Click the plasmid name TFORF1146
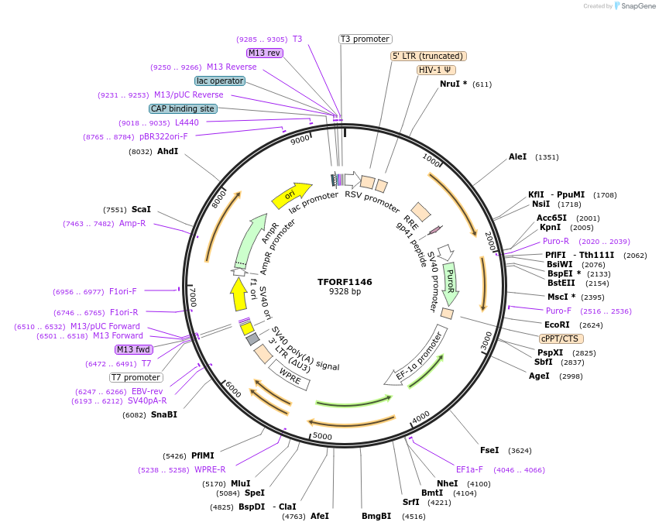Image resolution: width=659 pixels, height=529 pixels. click(345, 282)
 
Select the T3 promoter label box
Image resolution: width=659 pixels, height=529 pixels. click(366, 39)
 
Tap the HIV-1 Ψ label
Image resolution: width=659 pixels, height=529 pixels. click(436, 70)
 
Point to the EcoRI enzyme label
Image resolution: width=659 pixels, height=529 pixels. click(557, 325)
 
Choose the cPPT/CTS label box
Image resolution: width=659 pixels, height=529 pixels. click(561, 338)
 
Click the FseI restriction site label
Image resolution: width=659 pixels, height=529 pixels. click(489, 450)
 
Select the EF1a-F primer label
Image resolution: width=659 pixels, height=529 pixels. click(469, 469)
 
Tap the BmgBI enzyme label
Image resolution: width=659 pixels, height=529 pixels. click(376, 516)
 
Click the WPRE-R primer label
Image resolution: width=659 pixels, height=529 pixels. click(210, 469)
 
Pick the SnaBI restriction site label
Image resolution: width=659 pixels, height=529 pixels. click(164, 415)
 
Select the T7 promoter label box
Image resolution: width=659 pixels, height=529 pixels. click(136, 377)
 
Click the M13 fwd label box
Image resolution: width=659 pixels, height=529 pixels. click(134, 349)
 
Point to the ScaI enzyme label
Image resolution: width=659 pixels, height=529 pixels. click(141, 209)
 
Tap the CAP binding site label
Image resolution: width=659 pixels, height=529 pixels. click(183, 108)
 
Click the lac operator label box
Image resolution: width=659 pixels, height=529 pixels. click(220, 81)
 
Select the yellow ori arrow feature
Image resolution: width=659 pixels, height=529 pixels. click(291, 195)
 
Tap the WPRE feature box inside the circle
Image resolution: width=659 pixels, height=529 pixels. click(290, 376)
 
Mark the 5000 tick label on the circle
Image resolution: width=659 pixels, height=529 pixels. click(322, 436)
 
